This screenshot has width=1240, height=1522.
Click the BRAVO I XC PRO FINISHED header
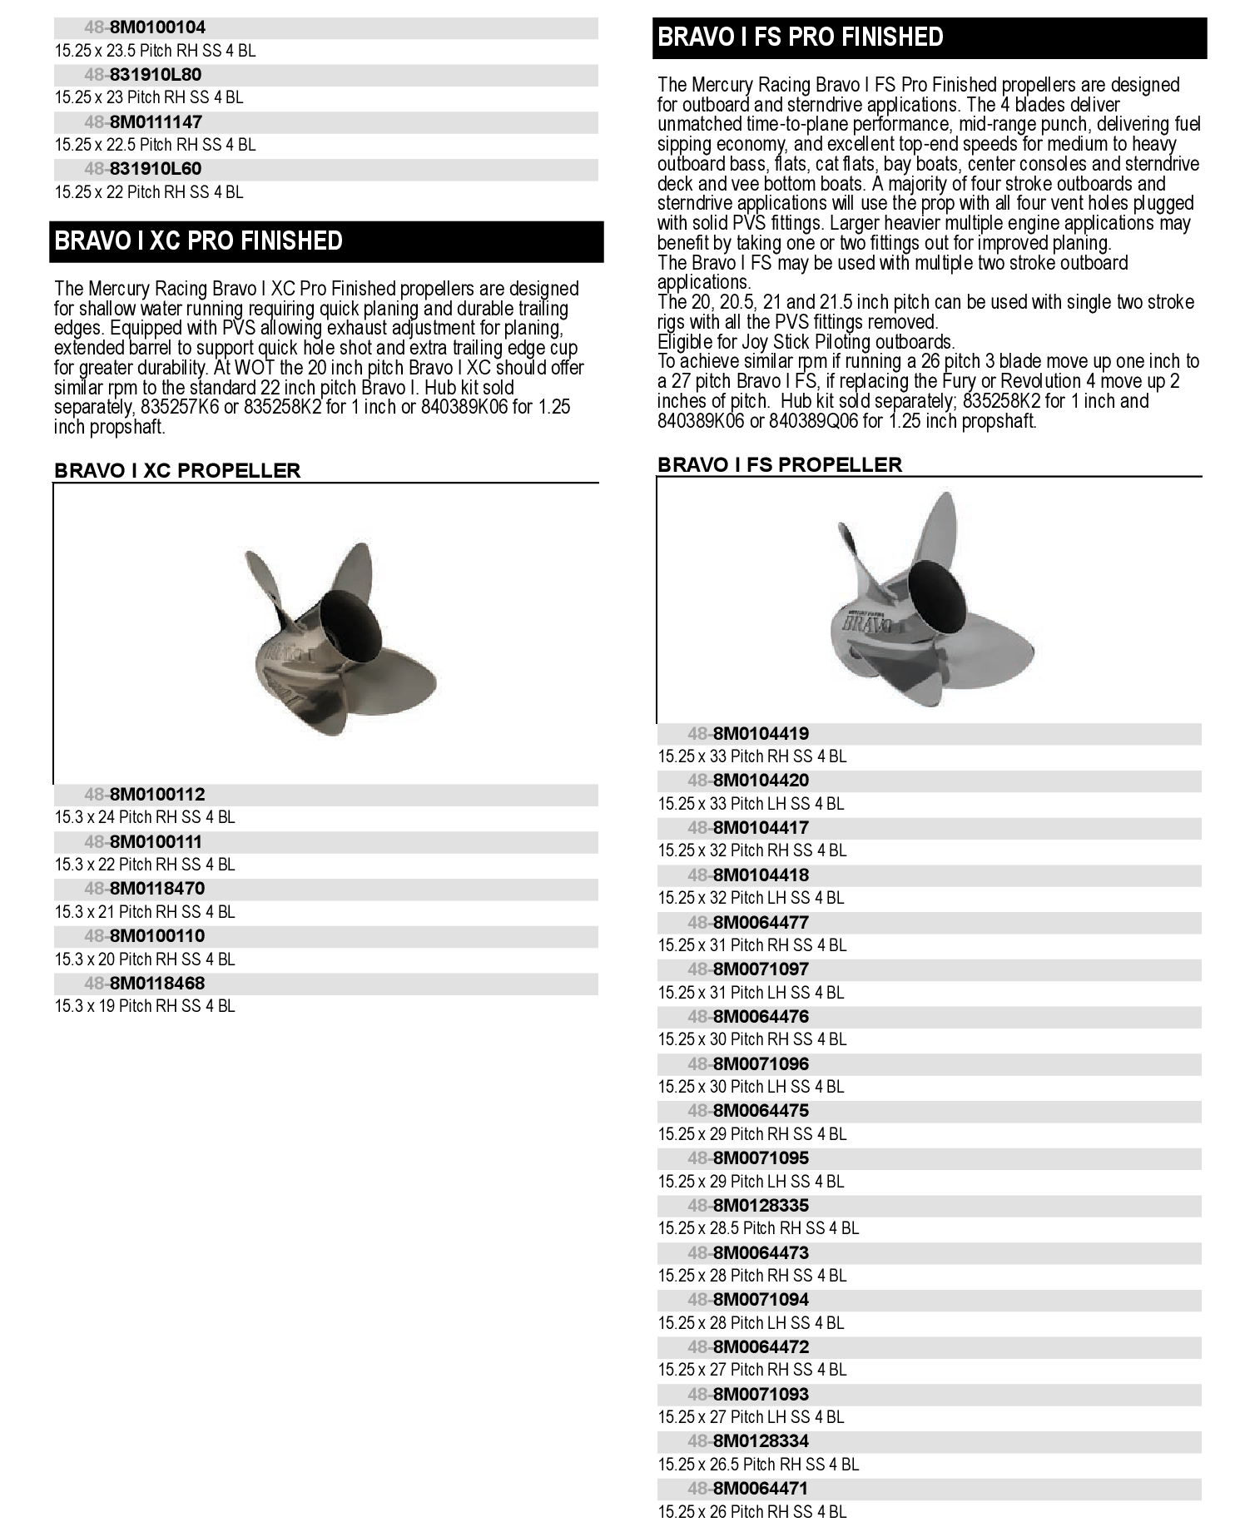pyautogui.click(x=199, y=241)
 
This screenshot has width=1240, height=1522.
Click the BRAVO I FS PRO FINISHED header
pyautogui.click(x=801, y=37)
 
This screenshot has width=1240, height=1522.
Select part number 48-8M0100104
pyautogui.click(x=145, y=27)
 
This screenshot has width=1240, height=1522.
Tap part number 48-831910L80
pyautogui.click(x=142, y=75)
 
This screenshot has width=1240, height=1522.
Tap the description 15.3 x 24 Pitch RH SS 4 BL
pyautogui.click(x=145, y=818)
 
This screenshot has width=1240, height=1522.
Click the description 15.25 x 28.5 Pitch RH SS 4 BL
pyautogui.click(x=758, y=1228)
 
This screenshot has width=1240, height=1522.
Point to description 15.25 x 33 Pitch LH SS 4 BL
pyautogui.click(x=751, y=804)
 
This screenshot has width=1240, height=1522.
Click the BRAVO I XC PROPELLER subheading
pyautogui.click(x=177, y=471)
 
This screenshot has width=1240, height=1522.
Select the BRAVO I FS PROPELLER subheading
pyautogui.click(x=780, y=465)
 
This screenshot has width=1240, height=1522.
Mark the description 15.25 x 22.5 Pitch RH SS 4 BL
pyautogui.click(x=156, y=145)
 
